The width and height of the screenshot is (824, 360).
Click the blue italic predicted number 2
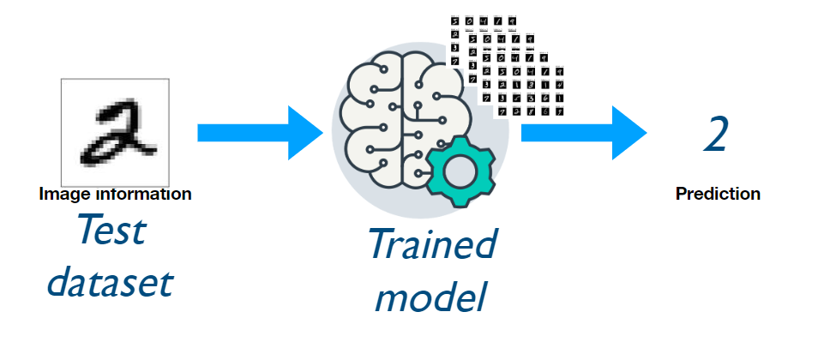point(715,135)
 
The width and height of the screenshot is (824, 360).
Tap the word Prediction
point(718,194)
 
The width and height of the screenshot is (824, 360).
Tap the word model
point(431,296)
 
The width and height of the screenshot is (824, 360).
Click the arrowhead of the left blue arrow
point(305,133)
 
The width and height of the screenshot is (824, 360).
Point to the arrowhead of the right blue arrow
point(630,133)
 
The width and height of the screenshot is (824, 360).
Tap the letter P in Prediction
point(681,194)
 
